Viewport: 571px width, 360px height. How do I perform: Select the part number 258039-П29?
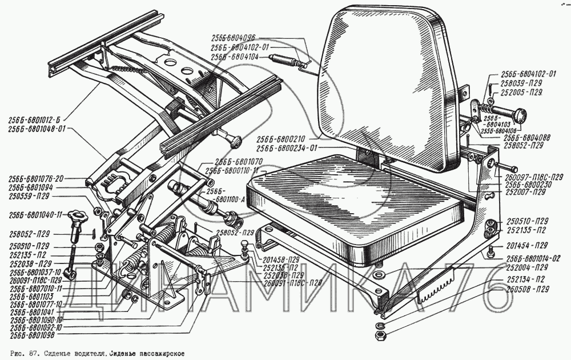pyautogui.click(x=523, y=83)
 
